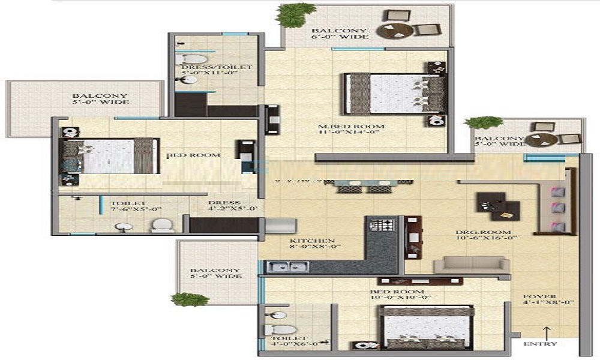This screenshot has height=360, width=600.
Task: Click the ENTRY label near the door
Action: (x=540, y=344)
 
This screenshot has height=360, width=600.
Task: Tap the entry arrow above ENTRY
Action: (x=547, y=331)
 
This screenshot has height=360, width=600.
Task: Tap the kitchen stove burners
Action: (x=380, y=226)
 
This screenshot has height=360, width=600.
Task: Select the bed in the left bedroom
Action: (x=109, y=157)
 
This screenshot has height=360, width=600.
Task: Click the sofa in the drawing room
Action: (x=472, y=265)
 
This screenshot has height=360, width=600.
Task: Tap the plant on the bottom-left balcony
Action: (x=190, y=299)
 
